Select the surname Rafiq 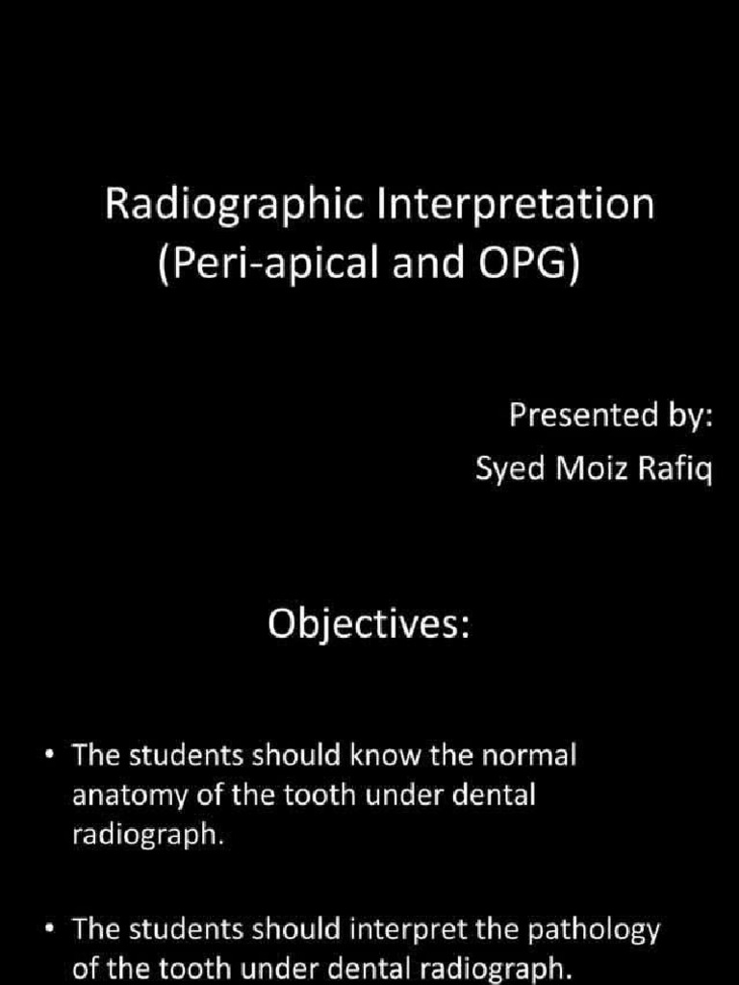(671, 471)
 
